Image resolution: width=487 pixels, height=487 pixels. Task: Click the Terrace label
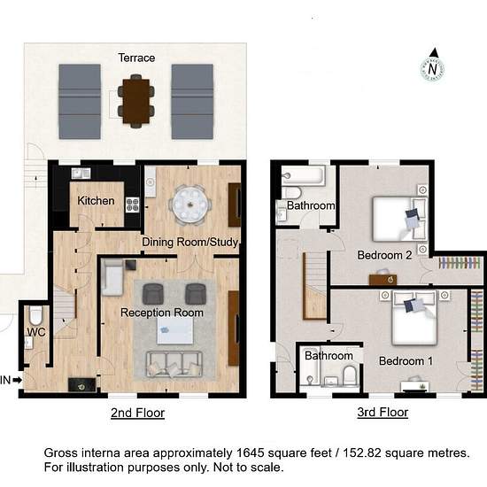click(136, 58)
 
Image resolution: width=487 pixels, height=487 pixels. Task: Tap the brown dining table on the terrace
click(135, 101)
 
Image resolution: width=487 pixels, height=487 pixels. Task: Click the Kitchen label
click(96, 201)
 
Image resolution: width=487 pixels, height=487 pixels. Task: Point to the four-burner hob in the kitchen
click(133, 205)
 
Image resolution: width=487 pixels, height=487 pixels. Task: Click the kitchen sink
click(81, 174)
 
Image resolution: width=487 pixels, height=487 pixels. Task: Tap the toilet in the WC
click(35, 315)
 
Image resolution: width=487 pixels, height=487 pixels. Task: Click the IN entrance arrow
click(18, 380)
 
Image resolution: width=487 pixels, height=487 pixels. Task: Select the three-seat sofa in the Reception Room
click(174, 365)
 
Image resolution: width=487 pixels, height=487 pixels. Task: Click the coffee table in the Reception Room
click(174, 331)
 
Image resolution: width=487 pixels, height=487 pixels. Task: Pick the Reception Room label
click(162, 313)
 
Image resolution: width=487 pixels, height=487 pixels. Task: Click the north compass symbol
click(433, 66)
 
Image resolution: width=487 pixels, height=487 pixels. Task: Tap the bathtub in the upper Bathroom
click(303, 175)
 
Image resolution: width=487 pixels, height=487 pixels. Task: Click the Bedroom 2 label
click(384, 255)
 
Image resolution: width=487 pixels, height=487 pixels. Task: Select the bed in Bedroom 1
click(414, 318)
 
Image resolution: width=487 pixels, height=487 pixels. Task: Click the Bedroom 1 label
click(406, 361)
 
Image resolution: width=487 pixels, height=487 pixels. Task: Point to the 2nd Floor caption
click(137, 413)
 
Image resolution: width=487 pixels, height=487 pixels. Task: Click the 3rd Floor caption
click(383, 412)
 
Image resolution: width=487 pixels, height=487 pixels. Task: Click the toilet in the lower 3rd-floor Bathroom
click(350, 375)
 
